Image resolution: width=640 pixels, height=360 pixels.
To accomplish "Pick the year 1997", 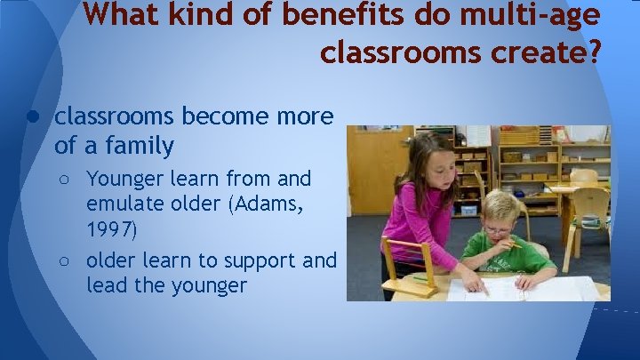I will (112, 230).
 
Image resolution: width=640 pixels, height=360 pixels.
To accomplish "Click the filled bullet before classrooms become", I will (30, 116).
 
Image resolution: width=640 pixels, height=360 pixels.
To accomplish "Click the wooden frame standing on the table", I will (406, 267).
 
